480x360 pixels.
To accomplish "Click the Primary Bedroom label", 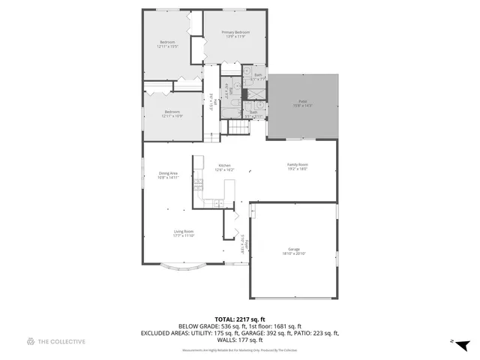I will coord(235,32).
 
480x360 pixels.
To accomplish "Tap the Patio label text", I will coord(303,101).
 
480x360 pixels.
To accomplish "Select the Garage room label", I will coord(293,249).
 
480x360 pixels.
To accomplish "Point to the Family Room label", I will coord(298,165).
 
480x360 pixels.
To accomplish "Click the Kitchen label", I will coord(224,166).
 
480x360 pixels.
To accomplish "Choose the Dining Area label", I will coord(168,173).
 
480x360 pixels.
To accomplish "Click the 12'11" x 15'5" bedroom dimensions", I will coord(166,46).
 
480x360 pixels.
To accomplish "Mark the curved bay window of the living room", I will coord(184,265).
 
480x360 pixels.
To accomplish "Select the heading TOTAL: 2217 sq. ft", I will coord(240,319).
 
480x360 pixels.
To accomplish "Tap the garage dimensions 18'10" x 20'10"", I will coord(293,254).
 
